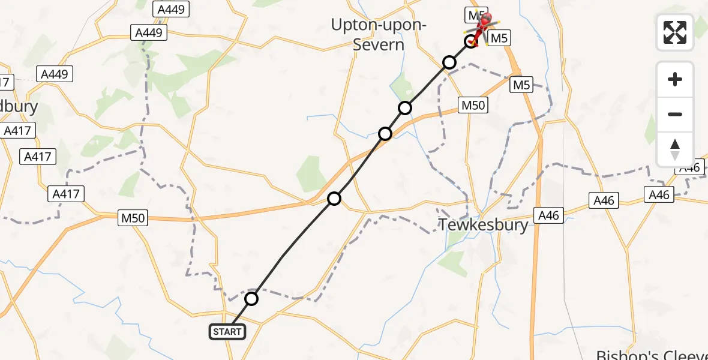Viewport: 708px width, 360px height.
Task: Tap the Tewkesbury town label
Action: point(484,225)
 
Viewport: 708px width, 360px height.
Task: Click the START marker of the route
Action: point(227,331)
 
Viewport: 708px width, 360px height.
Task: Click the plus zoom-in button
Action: point(675,80)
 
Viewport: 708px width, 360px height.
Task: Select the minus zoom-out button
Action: point(675,114)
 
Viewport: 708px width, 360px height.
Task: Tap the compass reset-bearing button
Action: point(675,149)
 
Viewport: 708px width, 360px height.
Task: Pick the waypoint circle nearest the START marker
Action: point(251,298)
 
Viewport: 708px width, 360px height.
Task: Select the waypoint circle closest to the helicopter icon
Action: point(472,42)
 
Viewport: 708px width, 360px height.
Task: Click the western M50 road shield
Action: point(133,218)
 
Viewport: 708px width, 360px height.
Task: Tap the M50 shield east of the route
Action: point(473,106)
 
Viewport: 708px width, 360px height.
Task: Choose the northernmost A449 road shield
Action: point(172,9)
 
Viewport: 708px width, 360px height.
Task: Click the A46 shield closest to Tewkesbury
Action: point(548,215)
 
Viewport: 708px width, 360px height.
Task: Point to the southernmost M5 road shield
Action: point(521,85)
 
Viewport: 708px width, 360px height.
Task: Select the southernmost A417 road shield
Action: point(66,194)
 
